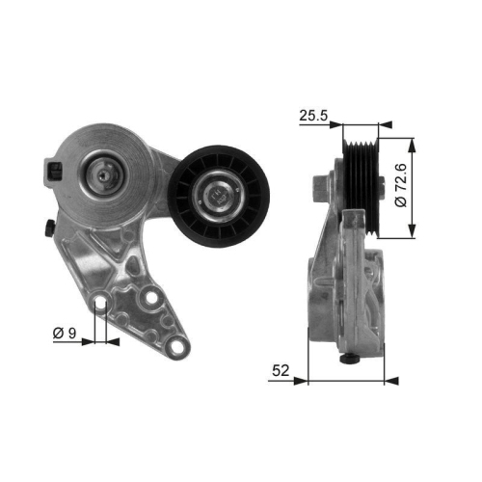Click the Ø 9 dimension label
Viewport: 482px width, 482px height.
[64, 335]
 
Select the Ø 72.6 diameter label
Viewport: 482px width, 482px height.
[425, 185]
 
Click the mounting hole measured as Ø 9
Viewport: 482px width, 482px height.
[100, 306]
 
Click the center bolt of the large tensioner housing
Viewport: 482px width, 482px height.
[102, 175]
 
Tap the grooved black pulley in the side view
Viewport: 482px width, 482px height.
[364, 186]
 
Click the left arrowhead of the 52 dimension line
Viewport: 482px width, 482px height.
[309, 380]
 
